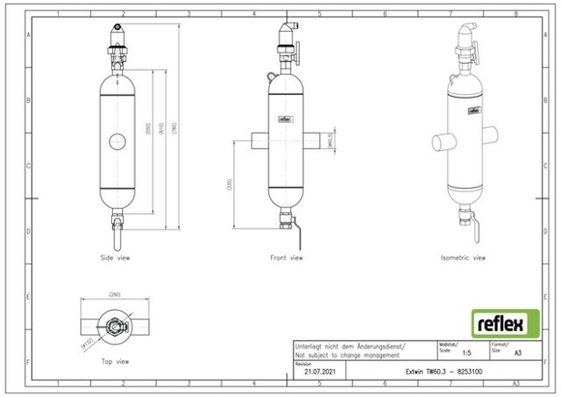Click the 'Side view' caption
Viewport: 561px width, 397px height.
pyautogui.click(x=115, y=259)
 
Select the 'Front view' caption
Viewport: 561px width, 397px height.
pyautogui.click(x=286, y=259)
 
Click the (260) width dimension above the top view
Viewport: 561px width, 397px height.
pyautogui.click(x=114, y=294)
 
